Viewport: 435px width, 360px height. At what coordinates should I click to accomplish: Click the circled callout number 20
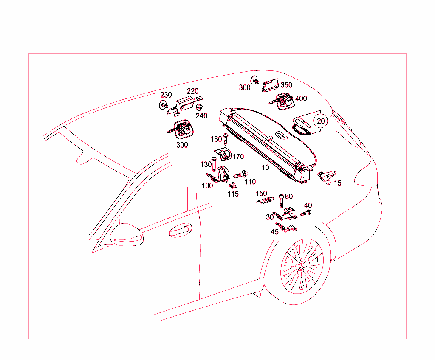[320, 121]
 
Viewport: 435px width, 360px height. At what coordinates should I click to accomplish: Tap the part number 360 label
[244, 87]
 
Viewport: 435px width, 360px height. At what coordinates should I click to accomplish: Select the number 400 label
[301, 98]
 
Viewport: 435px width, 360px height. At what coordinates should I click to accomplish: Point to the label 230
[166, 95]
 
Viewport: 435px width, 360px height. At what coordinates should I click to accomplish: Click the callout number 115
[233, 194]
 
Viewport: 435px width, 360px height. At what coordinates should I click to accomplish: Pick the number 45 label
[275, 232]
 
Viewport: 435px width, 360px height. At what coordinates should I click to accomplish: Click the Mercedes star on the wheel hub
[301, 266]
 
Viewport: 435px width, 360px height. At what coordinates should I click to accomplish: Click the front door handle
[181, 230]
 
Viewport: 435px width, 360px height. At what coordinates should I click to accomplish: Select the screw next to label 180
[225, 139]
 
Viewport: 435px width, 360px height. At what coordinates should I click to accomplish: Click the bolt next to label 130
[214, 164]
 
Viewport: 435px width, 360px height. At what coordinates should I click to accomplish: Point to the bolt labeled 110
[241, 174]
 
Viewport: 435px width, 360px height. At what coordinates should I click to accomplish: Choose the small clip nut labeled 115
[232, 185]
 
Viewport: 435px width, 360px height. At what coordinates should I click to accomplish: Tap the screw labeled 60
[281, 201]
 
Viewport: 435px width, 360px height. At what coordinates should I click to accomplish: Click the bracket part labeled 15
[327, 177]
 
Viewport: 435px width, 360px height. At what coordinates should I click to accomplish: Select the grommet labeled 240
[199, 107]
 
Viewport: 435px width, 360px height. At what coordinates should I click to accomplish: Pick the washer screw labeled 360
[255, 80]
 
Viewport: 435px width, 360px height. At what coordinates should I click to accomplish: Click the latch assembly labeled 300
[181, 130]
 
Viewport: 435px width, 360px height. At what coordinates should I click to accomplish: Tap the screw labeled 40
[306, 213]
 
